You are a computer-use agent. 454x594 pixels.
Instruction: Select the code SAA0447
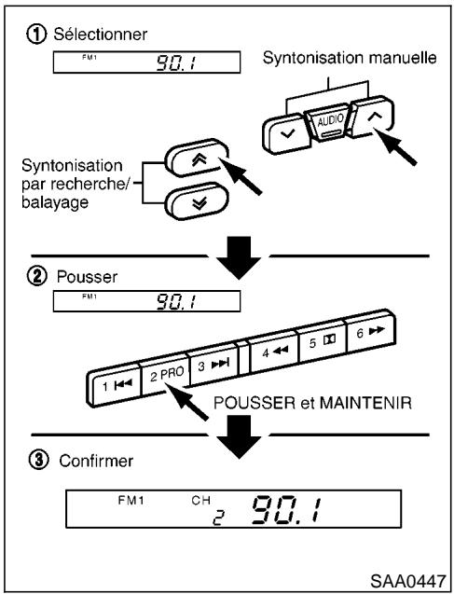pos(408,578)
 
